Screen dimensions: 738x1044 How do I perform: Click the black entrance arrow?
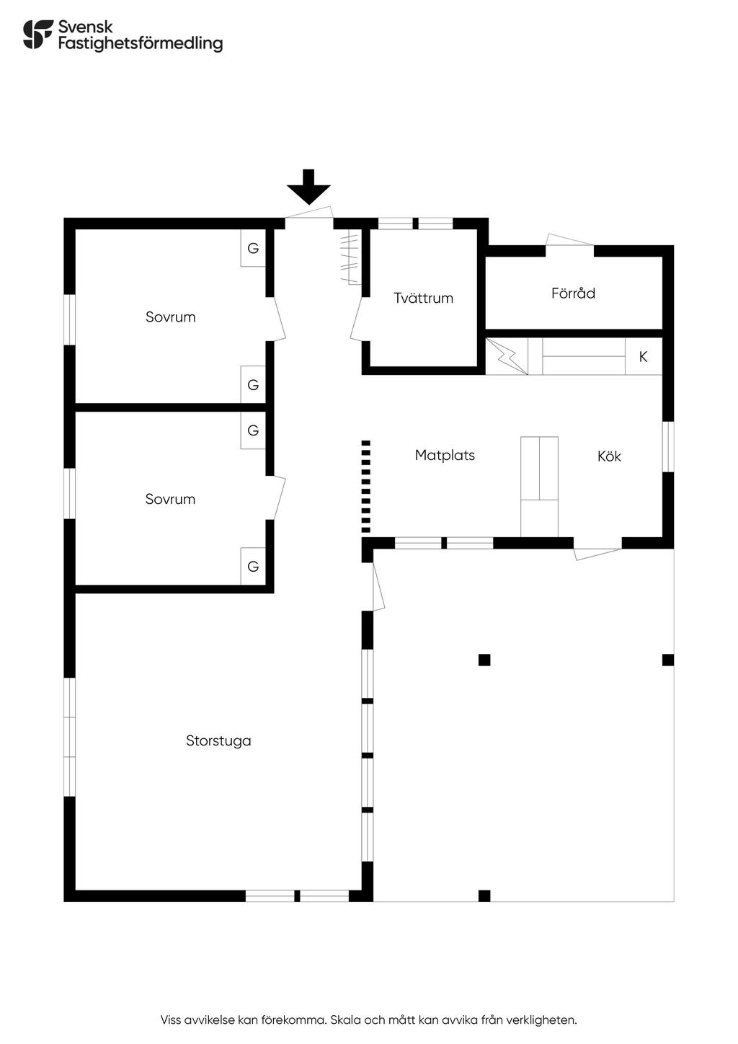click(x=308, y=187)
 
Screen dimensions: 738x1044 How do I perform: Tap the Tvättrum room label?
click(x=423, y=298)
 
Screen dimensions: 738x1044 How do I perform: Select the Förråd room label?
click(x=573, y=293)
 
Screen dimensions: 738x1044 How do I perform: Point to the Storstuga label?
click(x=218, y=740)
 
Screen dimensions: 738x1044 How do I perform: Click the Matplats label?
click(x=445, y=455)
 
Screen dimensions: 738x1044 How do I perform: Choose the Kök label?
click(x=609, y=456)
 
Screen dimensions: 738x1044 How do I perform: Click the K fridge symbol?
click(x=644, y=357)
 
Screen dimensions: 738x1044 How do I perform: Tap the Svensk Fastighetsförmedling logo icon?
click(x=37, y=35)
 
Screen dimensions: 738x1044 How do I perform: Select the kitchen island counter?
click(x=539, y=487)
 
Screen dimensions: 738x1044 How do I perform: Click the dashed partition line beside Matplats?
click(x=365, y=486)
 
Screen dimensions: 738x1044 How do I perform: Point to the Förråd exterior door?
click(x=569, y=240)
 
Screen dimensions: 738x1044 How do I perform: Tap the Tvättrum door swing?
click(x=357, y=319)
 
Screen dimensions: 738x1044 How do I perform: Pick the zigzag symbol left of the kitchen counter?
click(x=507, y=356)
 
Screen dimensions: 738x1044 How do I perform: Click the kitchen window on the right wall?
click(x=668, y=446)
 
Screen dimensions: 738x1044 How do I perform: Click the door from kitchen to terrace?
click(x=597, y=554)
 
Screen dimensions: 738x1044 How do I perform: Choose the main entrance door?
click(x=309, y=213)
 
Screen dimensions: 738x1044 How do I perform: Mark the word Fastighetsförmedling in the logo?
click(x=141, y=43)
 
